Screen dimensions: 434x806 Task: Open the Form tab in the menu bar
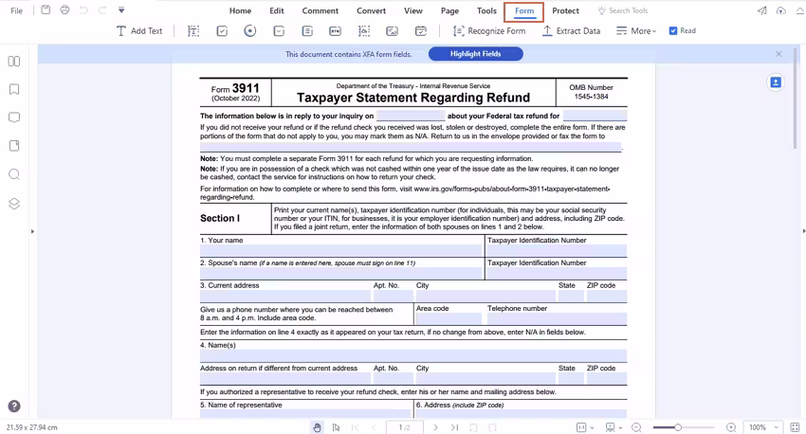pyautogui.click(x=524, y=11)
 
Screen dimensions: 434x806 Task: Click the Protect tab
pyautogui.click(x=565, y=11)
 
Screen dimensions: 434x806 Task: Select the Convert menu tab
pyautogui.click(x=371, y=11)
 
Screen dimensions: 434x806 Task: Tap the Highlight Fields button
pyautogui.click(x=475, y=54)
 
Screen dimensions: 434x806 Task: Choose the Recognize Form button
pyautogui.click(x=488, y=31)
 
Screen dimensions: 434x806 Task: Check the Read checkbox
pyautogui.click(x=673, y=31)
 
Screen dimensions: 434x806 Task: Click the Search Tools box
pyautogui.click(x=628, y=11)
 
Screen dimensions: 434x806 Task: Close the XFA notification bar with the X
pyautogui.click(x=779, y=54)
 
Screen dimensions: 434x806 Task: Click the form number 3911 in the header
pyautogui.click(x=246, y=88)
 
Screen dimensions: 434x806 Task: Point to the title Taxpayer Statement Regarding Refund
pyautogui.click(x=413, y=98)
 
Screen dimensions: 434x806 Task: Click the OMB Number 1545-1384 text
pyautogui.click(x=591, y=97)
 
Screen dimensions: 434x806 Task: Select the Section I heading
pyautogui.click(x=220, y=218)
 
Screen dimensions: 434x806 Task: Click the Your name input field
pyautogui.click(x=341, y=251)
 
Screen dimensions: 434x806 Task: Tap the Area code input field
pyautogui.click(x=448, y=319)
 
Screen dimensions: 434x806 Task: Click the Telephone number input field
pyautogui.click(x=556, y=319)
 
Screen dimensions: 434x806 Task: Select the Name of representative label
pyautogui.click(x=241, y=405)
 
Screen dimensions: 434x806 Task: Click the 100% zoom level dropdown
pyautogui.click(x=760, y=427)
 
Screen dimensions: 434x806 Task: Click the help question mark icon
pyautogui.click(x=14, y=407)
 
